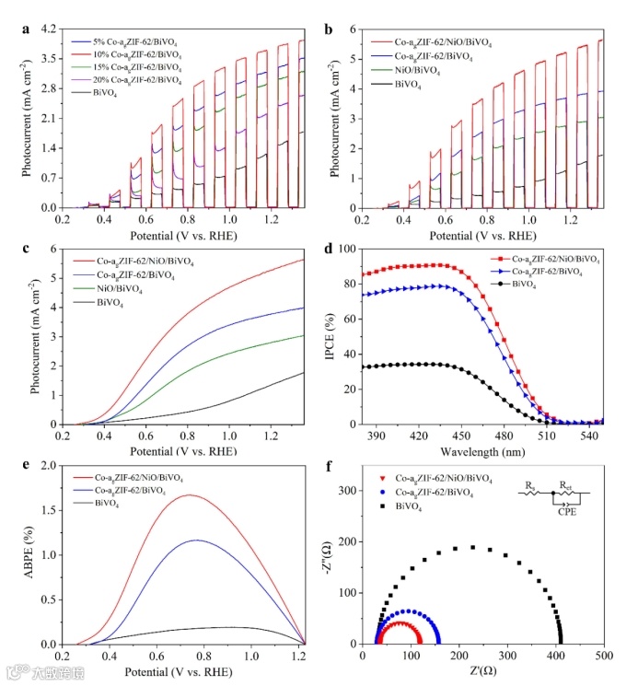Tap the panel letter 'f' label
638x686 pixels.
click(x=342, y=468)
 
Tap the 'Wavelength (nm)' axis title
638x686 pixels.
click(x=482, y=450)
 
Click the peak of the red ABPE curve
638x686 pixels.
click(x=190, y=495)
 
